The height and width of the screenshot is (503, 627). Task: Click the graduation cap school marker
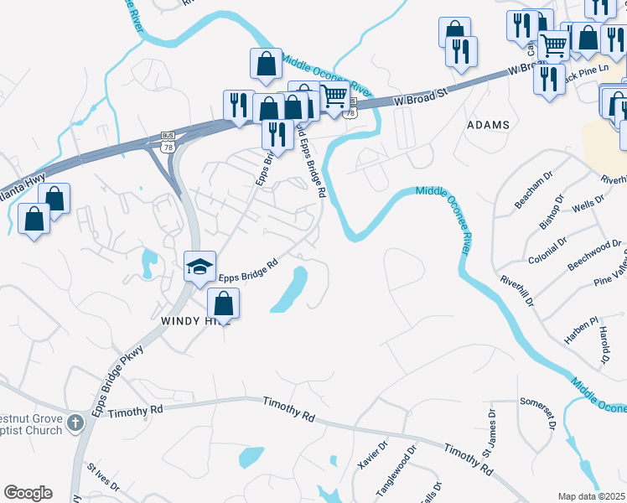pos(200,267)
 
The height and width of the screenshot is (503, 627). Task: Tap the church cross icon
pos(75,422)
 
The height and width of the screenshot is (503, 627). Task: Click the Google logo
pos(28,493)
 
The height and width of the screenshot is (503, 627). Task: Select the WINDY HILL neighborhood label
pos(190,321)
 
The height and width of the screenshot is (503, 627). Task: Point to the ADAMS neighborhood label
pos(488,125)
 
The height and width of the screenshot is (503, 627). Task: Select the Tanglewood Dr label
pos(396,469)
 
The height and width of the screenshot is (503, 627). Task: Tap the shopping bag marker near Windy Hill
pos(223,303)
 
